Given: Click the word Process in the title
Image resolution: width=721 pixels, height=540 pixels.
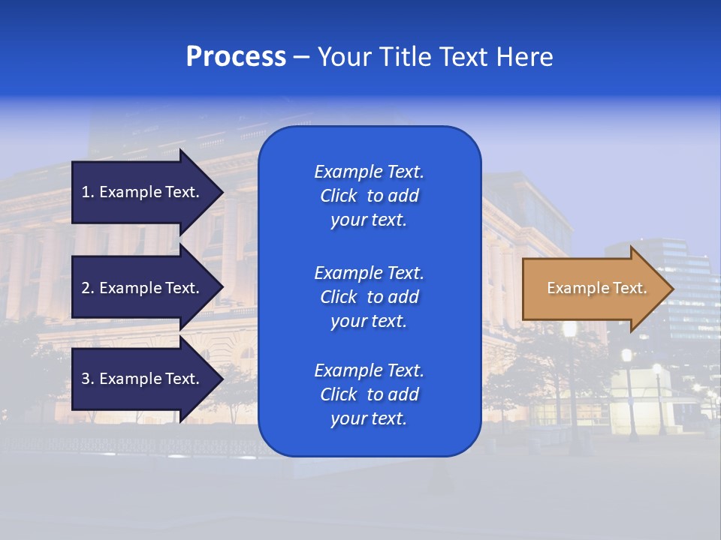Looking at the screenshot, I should tap(236, 57).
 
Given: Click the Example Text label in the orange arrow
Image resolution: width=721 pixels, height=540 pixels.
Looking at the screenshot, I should tap(596, 288).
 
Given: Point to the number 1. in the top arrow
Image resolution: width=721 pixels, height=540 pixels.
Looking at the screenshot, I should tap(88, 192).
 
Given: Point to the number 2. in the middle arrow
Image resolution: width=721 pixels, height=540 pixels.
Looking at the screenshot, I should tap(88, 288).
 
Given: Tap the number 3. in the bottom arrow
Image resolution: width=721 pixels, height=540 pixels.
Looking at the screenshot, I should tap(88, 379).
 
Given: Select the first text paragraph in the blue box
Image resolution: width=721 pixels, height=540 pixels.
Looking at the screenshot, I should tap(369, 196).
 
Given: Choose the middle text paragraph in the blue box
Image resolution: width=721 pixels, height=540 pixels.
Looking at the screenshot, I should tap(369, 297).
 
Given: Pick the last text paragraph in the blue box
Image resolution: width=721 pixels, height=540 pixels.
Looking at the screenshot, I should tap(369, 394).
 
